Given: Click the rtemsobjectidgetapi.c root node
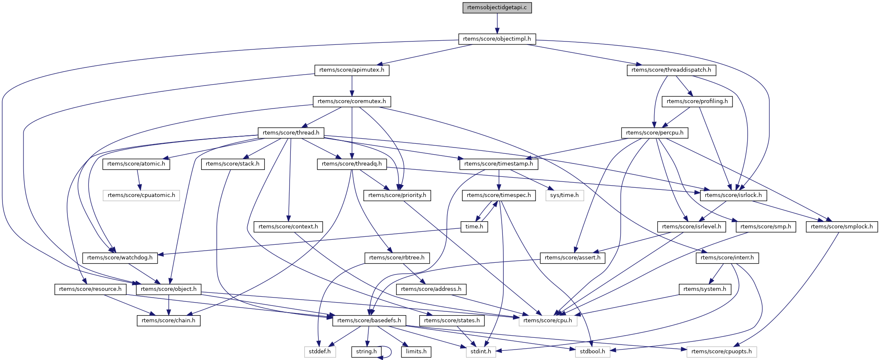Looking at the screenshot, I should [497, 8].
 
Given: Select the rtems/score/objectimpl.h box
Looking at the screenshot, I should [497, 39].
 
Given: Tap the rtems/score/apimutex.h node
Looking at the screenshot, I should [352, 70].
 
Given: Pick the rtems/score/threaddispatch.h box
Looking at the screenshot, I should [671, 70].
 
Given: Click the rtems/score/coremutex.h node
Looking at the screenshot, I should [352, 101].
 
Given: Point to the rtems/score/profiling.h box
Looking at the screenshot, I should [697, 101].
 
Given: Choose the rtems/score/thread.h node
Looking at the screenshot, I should [291, 133].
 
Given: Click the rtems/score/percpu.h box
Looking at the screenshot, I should [655, 133].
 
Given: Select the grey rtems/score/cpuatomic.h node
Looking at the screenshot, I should [141, 195].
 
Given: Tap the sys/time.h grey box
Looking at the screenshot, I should [564, 195].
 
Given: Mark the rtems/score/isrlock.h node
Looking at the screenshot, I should [733, 195].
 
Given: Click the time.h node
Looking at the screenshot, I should [474, 227].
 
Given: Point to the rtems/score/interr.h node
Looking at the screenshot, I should [727, 258].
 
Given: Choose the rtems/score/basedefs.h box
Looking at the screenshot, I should [369, 321].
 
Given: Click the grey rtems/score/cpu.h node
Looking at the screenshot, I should [548, 321].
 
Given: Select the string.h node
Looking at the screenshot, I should [366, 352].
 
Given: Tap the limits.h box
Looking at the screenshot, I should [416, 352].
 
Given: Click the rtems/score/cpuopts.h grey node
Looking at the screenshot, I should [722, 352].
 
